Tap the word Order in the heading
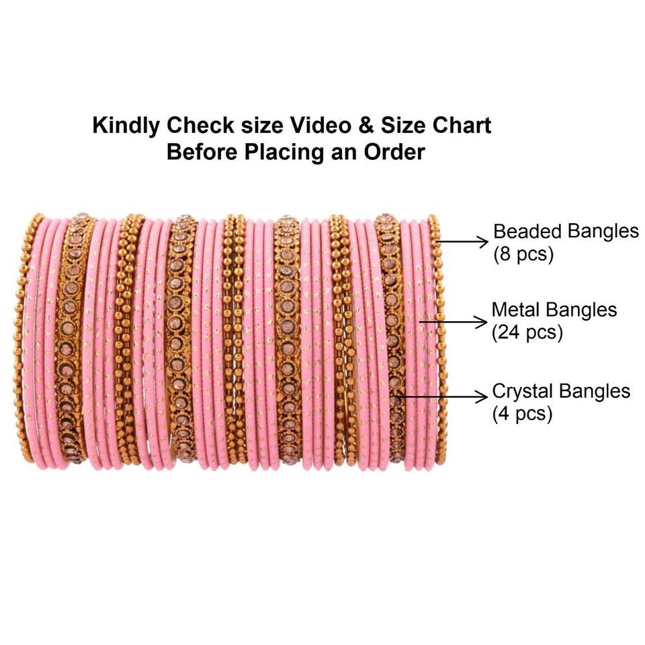point(395,151)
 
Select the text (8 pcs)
point(524,255)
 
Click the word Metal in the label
point(517,310)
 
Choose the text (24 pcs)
point(527,333)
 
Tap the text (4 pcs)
point(523,413)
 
